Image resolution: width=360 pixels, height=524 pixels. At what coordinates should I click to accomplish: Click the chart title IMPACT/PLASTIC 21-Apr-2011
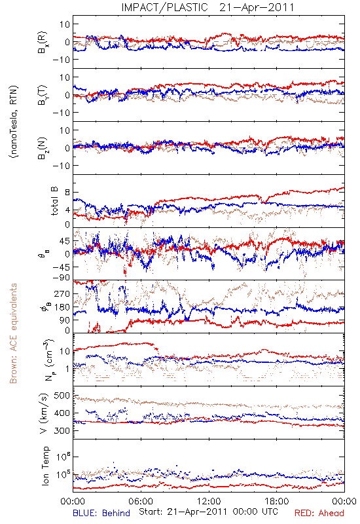tap(207, 7)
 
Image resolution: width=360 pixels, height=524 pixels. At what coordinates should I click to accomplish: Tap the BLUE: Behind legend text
tap(101, 513)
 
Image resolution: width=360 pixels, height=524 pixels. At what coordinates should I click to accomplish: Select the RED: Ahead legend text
tap(319, 513)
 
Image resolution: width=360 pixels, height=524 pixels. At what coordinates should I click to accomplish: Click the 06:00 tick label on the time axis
tap(141, 501)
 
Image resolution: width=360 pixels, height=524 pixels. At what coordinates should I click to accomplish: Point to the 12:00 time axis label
tap(209, 501)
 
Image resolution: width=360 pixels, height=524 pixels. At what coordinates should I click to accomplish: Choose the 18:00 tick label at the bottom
tap(277, 501)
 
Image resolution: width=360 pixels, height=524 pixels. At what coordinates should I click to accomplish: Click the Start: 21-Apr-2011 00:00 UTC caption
tap(208, 512)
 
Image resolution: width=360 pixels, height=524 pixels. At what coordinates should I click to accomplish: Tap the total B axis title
tap(54, 201)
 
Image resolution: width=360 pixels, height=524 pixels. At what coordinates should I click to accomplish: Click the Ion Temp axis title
tap(45, 466)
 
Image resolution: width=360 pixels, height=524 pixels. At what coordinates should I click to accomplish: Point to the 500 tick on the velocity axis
tap(62, 396)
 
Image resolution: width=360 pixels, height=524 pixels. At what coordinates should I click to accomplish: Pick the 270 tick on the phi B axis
tap(62, 294)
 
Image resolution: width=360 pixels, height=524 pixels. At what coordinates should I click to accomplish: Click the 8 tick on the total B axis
tap(67, 193)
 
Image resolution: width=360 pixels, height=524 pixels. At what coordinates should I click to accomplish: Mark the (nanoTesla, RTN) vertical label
tap(14, 122)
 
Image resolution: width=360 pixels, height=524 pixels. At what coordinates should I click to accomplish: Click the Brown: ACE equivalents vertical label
tap(13, 333)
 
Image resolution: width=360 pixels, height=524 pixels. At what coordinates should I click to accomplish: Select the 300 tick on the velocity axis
tap(62, 431)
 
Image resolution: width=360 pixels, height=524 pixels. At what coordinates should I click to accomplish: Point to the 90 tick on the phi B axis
tap(65, 320)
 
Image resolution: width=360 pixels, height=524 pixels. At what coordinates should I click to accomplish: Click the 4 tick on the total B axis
tap(67, 210)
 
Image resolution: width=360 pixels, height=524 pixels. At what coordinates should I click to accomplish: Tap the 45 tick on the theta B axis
tap(65, 241)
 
